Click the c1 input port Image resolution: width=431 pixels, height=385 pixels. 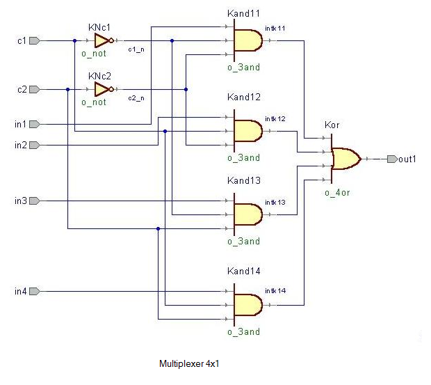[x=34, y=40]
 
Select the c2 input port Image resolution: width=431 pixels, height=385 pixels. [x=34, y=89]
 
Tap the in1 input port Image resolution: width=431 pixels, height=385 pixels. [x=34, y=124]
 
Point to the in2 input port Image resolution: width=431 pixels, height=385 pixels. [x=34, y=145]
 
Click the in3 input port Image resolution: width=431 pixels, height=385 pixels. [x=34, y=201]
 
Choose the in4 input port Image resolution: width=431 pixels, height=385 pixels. [x=34, y=291]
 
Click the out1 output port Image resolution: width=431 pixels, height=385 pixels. [x=393, y=159]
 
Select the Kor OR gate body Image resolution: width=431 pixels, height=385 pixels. [x=345, y=159]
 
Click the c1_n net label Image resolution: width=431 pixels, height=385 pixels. [x=136, y=49]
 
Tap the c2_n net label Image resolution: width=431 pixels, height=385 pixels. [x=136, y=98]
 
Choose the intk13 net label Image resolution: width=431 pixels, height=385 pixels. [x=275, y=203]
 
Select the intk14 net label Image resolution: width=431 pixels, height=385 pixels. [x=275, y=290]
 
